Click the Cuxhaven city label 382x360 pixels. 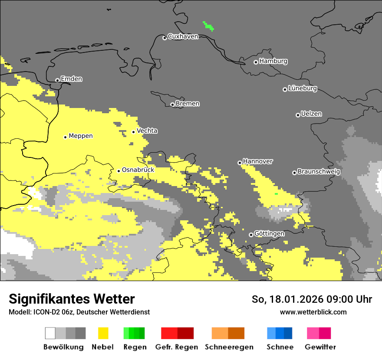click(183, 37)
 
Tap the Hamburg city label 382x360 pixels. click(273, 61)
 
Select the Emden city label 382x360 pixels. click(71, 79)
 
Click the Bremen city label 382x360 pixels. click(188, 104)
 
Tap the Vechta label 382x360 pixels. click(147, 131)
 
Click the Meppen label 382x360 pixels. click(81, 136)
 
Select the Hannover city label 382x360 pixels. click(258, 161)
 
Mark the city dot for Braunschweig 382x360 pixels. click(294, 173)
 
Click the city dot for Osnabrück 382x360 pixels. click(119, 171)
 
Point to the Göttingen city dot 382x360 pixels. click(251, 235)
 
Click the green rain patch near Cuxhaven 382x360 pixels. click(209, 26)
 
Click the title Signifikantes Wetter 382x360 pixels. click(72, 299)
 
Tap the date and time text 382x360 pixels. click(312, 299)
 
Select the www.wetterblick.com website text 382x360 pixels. click(313, 312)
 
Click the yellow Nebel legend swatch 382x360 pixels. click(103, 333)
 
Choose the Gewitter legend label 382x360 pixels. click(320, 347)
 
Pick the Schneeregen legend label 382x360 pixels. click(229, 347)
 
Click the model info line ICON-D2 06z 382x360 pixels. click(79, 312)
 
